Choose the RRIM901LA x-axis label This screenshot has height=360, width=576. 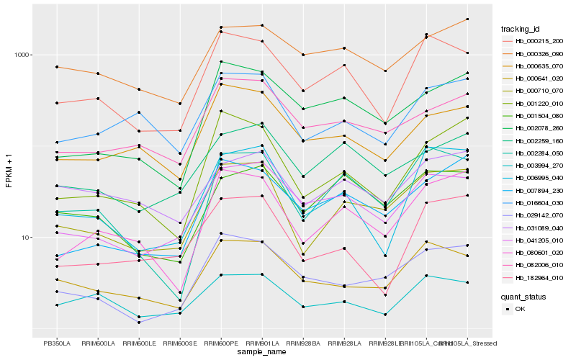click(262, 343)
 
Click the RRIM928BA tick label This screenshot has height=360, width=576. click(303, 343)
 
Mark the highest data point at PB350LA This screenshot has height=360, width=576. click(56, 67)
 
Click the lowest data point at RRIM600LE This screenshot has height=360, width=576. click(138, 323)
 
